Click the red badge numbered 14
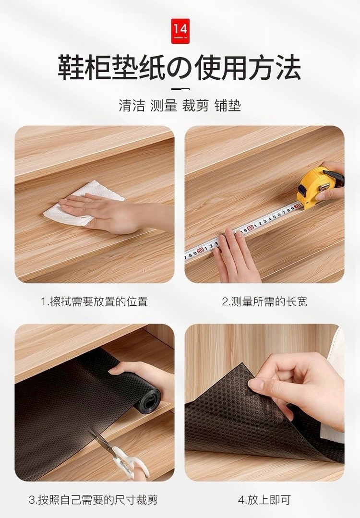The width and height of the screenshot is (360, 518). pyautogui.click(x=180, y=31)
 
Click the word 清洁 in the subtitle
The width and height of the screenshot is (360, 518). pyautogui.click(x=132, y=106)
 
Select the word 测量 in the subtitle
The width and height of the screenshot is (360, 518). pyautogui.click(x=164, y=106)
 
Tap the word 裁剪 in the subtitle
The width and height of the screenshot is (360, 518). pyautogui.click(x=195, y=106)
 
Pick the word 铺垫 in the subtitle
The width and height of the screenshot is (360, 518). pyautogui.click(x=228, y=106)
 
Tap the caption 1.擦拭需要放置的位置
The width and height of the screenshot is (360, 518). pyautogui.click(x=94, y=301)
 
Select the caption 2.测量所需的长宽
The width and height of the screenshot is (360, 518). pyautogui.click(x=264, y=301)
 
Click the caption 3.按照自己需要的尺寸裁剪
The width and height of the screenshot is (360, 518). pyautogui.click(x=93, y=499)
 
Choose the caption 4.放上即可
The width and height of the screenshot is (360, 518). pyautogui.click(x=264, y=499)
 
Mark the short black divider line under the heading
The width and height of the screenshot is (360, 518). pyautogui.click(x=180, y=89)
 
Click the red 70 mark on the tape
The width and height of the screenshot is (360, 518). pyautogui.click(x=298, y=206)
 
